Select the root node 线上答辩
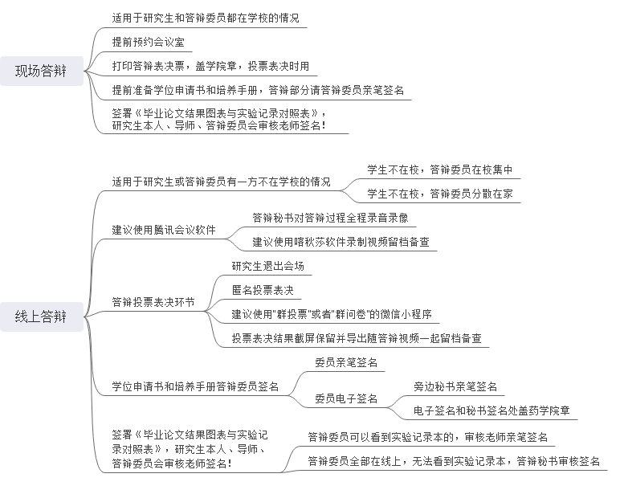coord(43,317)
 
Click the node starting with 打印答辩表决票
coord(210,66)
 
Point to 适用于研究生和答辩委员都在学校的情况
coord(210,17)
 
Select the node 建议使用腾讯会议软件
coord(164,230)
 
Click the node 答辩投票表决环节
coord(153,302)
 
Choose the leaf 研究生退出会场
coord(267,267)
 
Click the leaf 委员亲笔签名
coord(345,363)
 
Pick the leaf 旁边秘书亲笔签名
coord(455,387)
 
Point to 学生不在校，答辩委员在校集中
coord(439,169)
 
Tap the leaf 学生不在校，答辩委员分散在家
coord(439,194)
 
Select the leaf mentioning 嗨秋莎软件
coord(341,241)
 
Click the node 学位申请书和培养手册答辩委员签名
coord(195,387)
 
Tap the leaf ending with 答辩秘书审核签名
coord(454,461)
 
